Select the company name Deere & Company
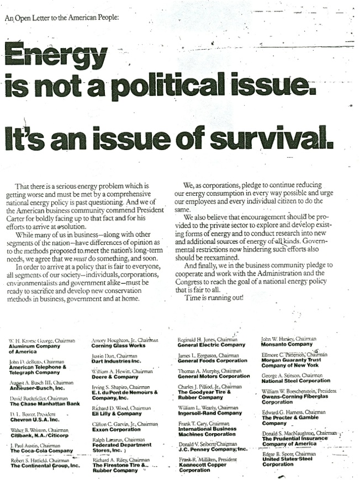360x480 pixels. tap(113, 377)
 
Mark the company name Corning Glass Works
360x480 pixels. tap(118, 345)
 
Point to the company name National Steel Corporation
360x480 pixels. tap(296, 381)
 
